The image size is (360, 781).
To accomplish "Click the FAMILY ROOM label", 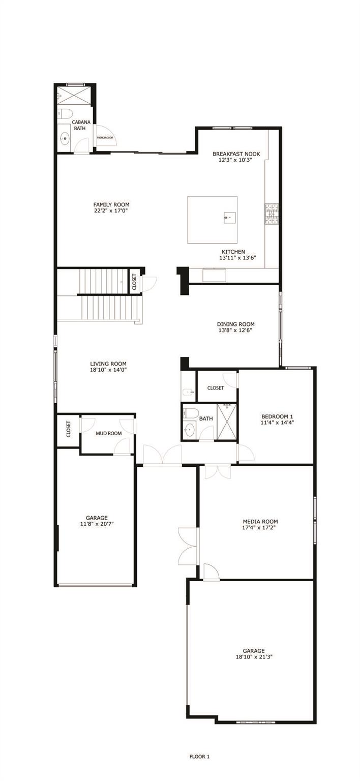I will [111, 204].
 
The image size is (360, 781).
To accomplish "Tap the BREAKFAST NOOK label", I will [232, 154].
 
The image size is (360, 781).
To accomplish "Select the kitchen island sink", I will [227, 218].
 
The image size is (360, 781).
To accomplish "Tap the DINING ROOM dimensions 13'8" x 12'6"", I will [235, 331].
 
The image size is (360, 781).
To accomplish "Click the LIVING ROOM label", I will [108, 364].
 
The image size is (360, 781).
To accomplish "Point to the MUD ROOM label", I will [109, 433].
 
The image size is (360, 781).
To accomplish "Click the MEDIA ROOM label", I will [260, 521].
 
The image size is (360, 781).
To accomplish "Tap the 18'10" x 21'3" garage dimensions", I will [253, 657].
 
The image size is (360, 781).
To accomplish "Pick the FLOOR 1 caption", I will [200, 757].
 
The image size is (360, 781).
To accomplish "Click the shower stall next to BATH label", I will [227, 422].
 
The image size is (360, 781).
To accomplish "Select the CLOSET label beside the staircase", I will [134, 282].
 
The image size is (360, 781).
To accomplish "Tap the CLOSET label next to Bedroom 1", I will [216, 388].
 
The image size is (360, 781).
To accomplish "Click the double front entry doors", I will [162, 454].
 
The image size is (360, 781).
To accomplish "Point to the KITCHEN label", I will [233, 252].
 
